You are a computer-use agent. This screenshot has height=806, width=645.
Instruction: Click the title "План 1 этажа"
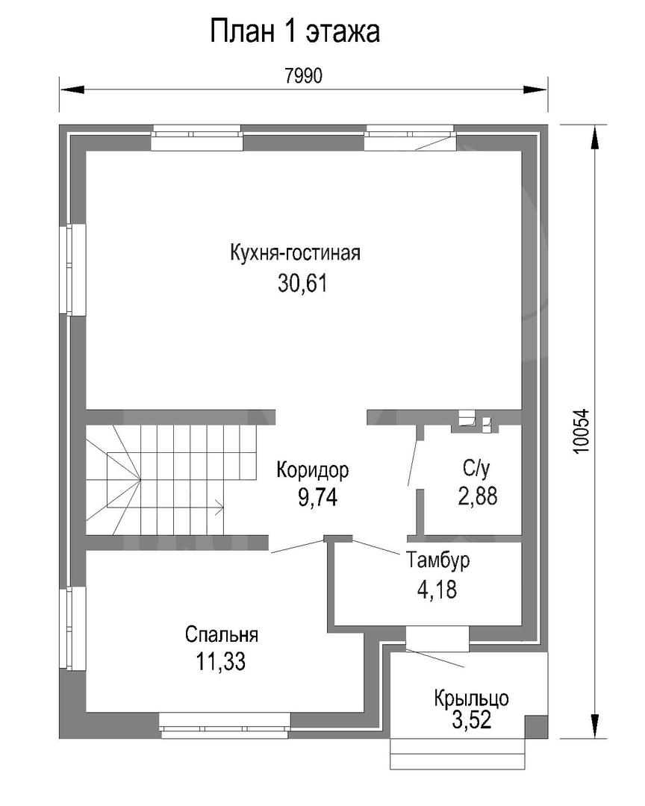pyautogui.click(x=295, y=32)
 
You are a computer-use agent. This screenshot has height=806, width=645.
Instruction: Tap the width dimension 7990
pyautogui.click(x=304, y=76)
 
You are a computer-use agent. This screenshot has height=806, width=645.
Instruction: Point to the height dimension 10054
pyautogui.click(x=581, y=431)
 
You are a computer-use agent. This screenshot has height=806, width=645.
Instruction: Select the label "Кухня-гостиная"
pyautogui.click(x=295, y=253)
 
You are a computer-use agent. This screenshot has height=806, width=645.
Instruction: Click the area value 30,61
pyautogui.click(x=302, y=284)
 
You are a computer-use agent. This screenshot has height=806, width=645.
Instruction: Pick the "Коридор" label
pyautogui.click(x=313, y=470)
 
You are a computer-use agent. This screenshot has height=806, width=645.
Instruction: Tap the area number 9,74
pyautogui.click(x=317, y=497)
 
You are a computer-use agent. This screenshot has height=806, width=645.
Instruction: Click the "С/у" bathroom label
pyautogui.click(x=476, y=468)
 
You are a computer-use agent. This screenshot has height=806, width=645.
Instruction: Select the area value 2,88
pyautogui.click(x=478, y=496)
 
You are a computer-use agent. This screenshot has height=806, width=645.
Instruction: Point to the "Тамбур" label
pyautogui.click(x=438, y=560)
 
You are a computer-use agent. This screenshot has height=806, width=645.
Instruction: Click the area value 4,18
pyautogui.click(x=437, y=590)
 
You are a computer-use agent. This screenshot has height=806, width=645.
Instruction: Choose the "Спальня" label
pyautogui.click(x=222, y=634)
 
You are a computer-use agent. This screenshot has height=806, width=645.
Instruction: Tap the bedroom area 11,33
pyautogui.click(x=221, y=661)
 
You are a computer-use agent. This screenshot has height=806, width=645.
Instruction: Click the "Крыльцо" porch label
pyautogui.click(x=472, y=699)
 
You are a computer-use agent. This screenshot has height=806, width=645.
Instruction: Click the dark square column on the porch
pyautogui.click(x=536, y=727)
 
